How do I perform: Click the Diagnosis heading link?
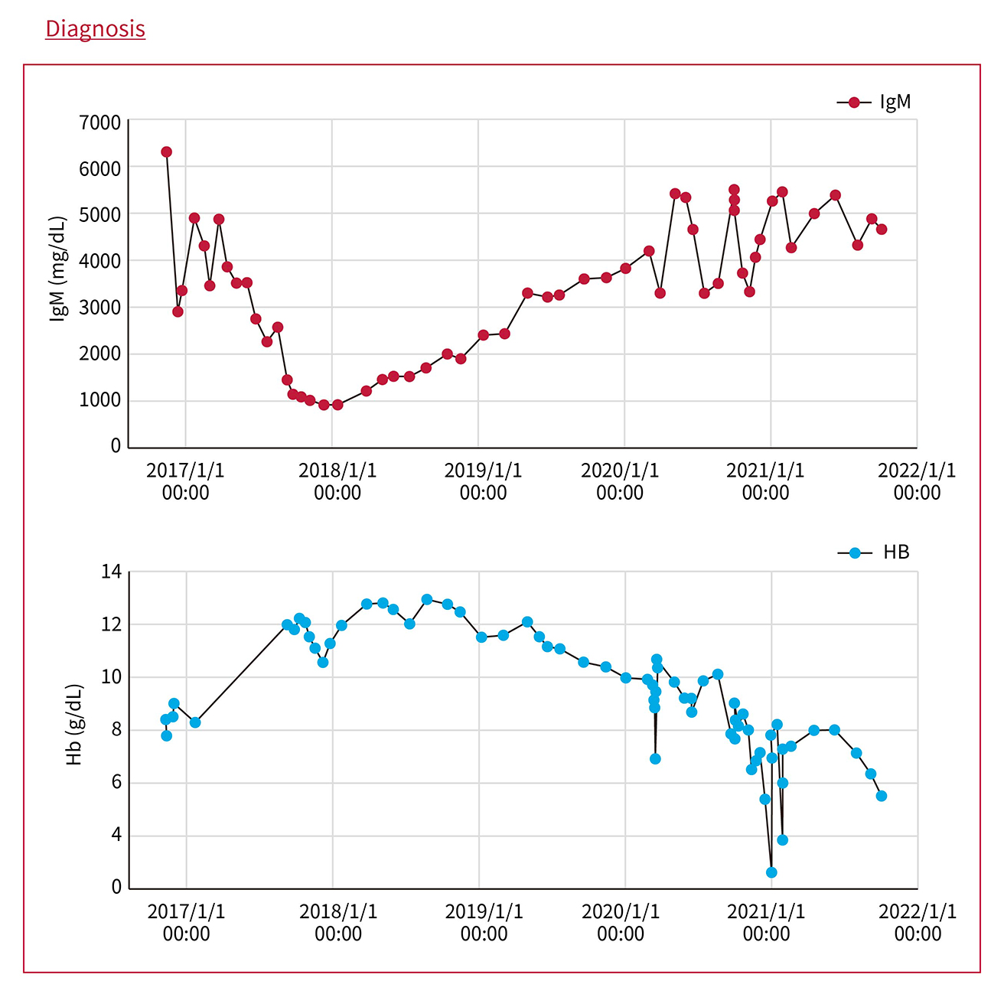95,28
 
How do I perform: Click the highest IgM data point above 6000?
166,152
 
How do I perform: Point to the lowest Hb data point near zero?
771,872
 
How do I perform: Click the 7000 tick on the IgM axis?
100,122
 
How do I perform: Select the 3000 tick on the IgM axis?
100,308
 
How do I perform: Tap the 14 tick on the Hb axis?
112,572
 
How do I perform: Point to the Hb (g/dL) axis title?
74,725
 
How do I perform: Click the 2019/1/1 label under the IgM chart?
483,481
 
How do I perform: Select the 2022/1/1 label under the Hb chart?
918,922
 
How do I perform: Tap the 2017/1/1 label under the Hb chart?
186,922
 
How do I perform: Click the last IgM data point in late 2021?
882,229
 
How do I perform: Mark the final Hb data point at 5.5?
882,796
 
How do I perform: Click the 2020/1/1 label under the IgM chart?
620,481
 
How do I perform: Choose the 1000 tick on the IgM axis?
100,400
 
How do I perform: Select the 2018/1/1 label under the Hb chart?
337,922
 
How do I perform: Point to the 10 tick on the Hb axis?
112,677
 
